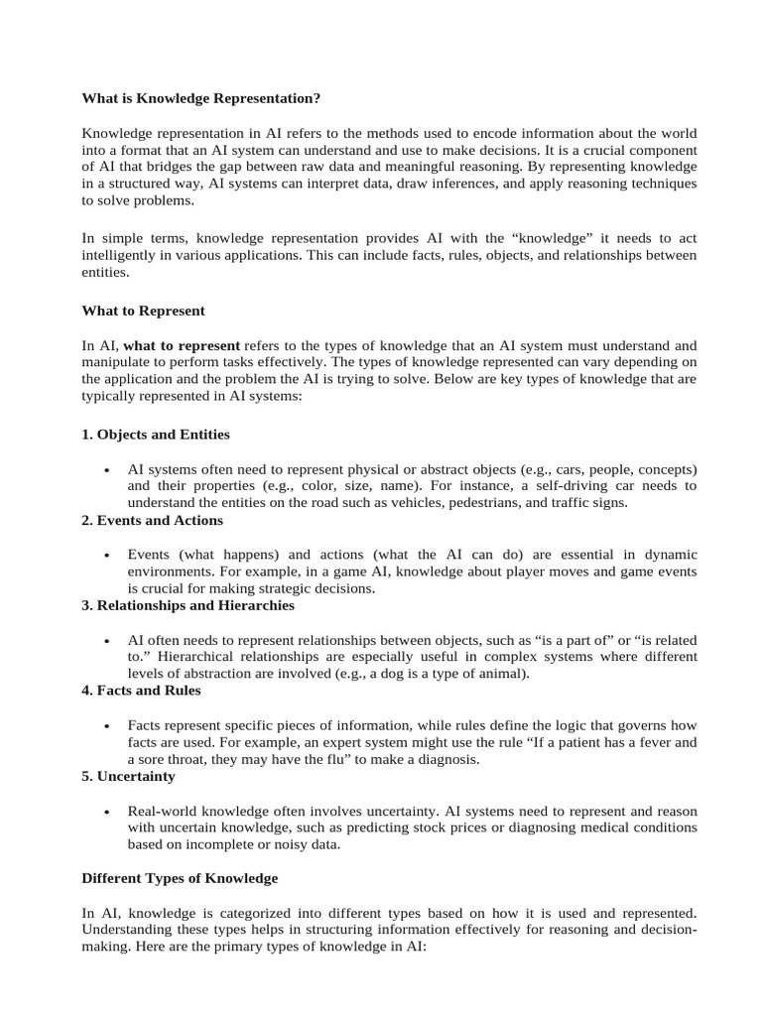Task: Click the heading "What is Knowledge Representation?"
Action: (x=201, y=99)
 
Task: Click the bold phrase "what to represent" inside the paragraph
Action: (x=182, y=345)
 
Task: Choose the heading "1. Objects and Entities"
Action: (x=155, y=435)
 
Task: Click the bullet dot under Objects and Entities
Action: (x=106, y=469)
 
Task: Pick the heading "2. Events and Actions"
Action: (x=152, y=520)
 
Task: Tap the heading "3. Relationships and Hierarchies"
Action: (x=188, y=605)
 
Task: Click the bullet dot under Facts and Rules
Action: (x=106, y=725)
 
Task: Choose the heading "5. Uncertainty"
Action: (x=128, y=776)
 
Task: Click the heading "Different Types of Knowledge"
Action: (x=180, y=879)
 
